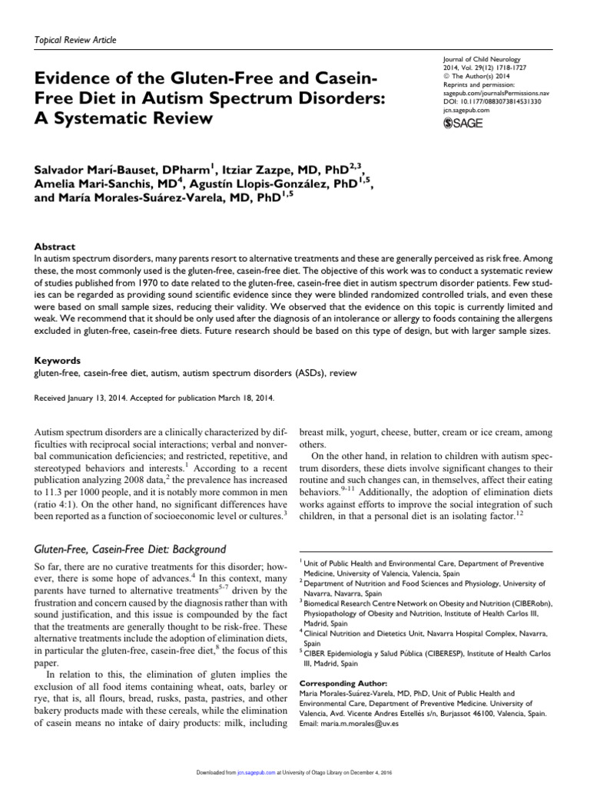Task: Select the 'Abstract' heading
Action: (55, 247)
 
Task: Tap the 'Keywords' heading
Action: (58, 359)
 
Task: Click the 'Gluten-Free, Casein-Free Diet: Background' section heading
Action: (131, 550)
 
